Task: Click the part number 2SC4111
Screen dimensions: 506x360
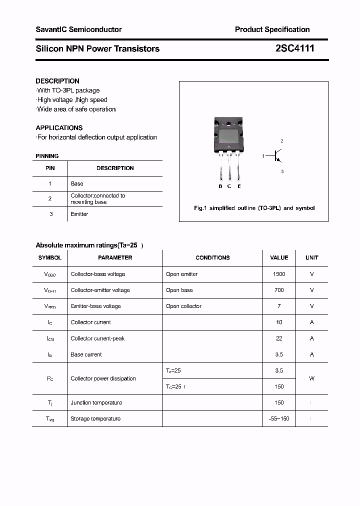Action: tap(294, 48)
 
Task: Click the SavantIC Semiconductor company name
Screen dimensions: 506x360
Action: tap(78, 29)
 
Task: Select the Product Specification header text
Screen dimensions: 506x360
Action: tap(272, 29)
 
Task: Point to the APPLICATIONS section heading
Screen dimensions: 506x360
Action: tap(59, 127)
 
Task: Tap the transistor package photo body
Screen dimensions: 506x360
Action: tap(229, 134)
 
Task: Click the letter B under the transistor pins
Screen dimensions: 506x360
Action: tap(220, 186)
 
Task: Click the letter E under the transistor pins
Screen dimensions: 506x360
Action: tap(239, 186)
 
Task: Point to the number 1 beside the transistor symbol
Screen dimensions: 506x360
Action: tap(263, 156)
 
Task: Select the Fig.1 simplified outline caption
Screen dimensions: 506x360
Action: tap(254, 208)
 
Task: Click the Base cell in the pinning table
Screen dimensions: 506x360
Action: tap(77, 183)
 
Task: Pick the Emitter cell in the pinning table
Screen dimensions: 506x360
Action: tap(79, 214)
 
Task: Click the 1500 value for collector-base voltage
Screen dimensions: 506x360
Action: tap(279, 274)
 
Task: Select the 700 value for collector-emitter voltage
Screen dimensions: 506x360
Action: tap(279, 290)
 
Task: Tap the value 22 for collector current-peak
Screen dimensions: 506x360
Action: tap(279, 338)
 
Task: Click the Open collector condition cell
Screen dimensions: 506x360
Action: tap(183, 306)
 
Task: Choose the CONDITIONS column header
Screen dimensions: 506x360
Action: tap(212, 257)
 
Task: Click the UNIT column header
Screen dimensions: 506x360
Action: tap(311, 257)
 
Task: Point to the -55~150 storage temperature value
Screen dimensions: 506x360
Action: tap(279, 418)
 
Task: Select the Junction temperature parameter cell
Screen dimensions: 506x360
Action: tap(96, 402)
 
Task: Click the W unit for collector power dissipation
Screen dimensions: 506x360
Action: tap(311, 378)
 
